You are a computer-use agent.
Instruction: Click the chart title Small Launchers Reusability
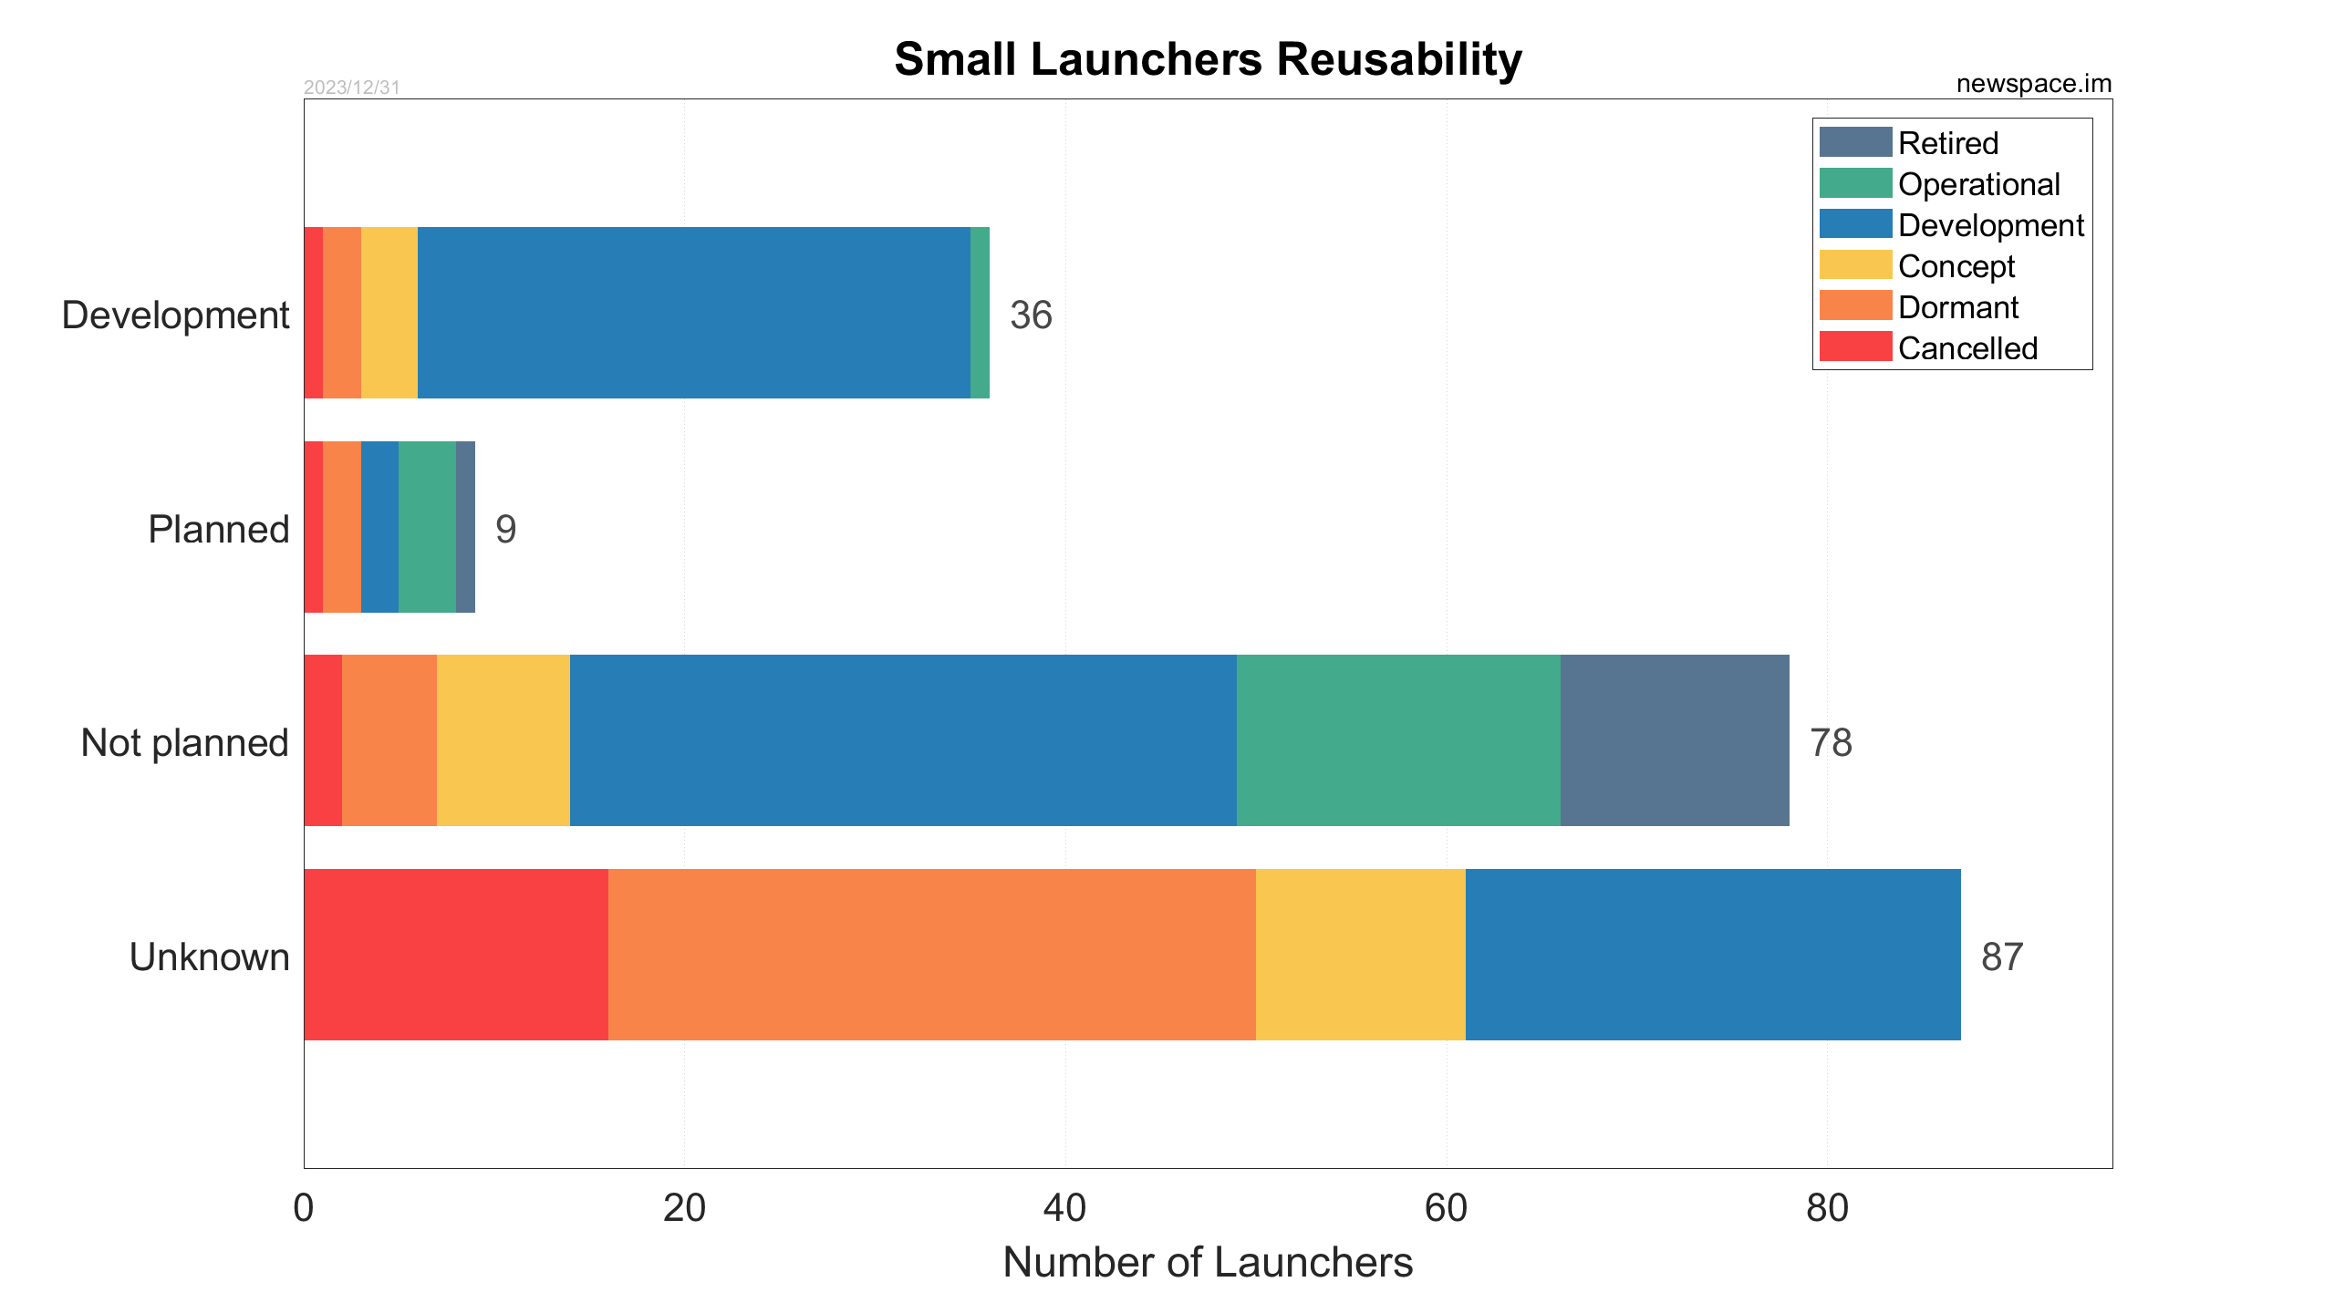pos(1208,60)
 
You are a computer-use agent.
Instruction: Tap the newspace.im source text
pos(2033,84)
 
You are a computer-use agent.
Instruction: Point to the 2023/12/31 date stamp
pos(351,88)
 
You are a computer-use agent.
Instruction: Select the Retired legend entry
pos(1947,143)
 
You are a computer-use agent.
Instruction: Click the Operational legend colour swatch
pos(1854,183)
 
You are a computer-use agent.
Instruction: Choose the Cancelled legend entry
pos(1967,348)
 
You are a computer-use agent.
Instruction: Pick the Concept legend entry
pos(1956,266)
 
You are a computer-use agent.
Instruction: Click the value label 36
pos(1031,315)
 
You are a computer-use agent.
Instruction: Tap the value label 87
pos(2002,957)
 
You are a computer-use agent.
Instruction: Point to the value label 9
pos(505,530)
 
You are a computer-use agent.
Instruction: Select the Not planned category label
pos(184,743)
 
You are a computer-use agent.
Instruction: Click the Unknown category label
pos(209,957)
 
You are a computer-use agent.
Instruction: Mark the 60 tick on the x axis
pos(1446,1208)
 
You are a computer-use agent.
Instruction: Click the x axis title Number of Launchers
pos(1208,1263)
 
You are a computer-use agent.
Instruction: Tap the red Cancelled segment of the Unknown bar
pos(455,955)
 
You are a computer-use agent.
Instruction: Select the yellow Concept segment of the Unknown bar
pos(1360,955)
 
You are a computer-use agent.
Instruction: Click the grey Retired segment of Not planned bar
pos(1674,740)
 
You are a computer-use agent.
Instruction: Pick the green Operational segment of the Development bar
pos(980,313)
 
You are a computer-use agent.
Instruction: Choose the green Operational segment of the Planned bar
pos(427,527)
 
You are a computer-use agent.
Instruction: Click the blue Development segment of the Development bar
pos(693,313)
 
